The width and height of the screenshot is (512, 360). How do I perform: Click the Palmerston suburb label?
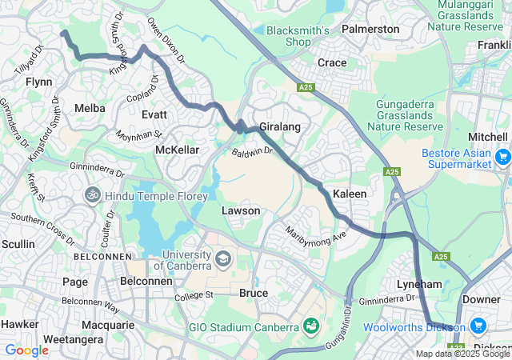pos(370,29)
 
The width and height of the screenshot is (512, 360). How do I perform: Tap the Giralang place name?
pos(279,126)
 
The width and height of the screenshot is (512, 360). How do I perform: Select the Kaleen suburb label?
pos(350,194)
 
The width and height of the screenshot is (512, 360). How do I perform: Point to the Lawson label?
pos(241,210)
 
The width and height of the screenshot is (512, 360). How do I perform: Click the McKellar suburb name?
pos(177,150)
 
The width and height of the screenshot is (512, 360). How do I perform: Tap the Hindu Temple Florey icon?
pos(93,194)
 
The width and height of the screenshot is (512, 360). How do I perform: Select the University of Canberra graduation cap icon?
pos(222,258)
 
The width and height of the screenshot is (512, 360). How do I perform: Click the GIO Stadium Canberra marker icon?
pos(310,326)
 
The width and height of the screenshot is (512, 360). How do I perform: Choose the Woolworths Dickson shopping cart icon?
pos(478,326)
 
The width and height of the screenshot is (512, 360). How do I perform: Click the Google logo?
pos(26,350)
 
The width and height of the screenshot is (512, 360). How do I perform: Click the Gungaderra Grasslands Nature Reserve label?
pos(410,111)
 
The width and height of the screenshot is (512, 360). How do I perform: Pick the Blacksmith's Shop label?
pos(298,36)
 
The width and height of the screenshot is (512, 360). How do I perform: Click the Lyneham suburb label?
pos(419,284)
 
